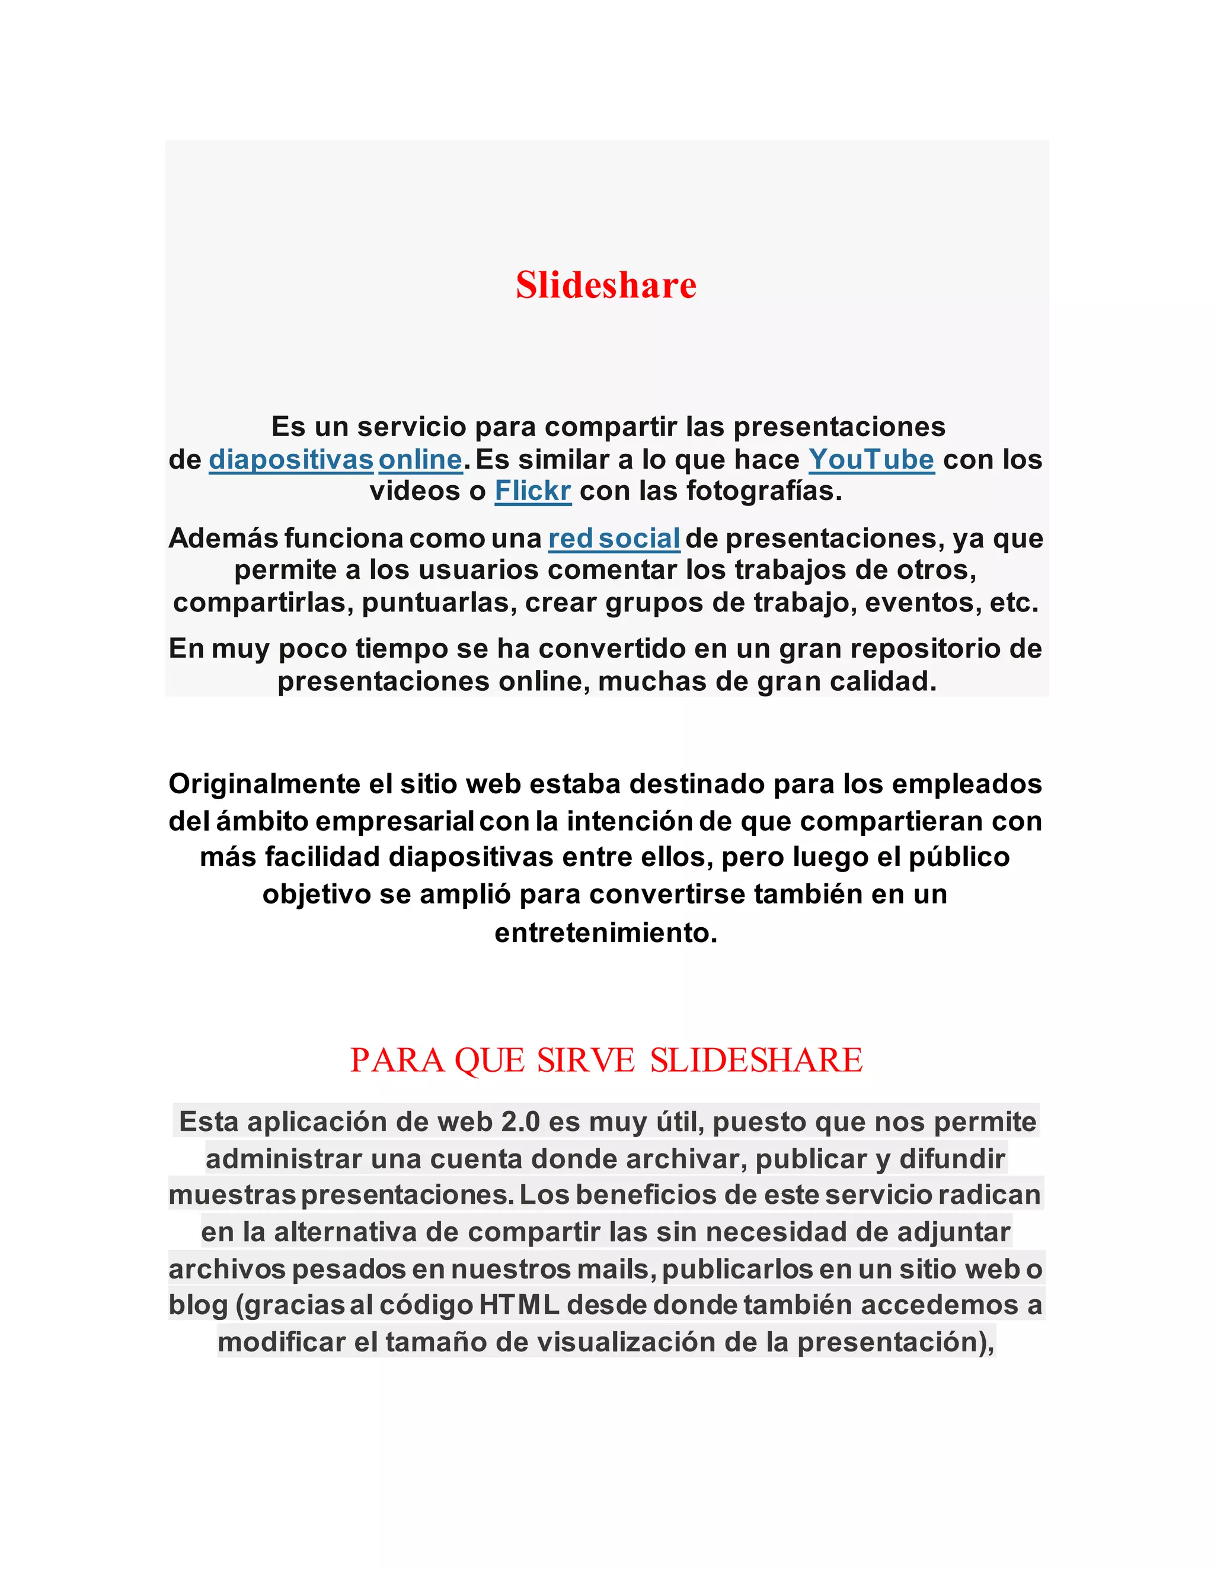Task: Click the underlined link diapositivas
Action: point(290,459)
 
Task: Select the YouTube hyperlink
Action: point(871,459)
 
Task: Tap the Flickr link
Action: point(532,491)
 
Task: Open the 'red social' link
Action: point(614,539)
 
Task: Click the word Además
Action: point(223,539)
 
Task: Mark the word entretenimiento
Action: point(606,933)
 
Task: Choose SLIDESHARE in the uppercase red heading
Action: point(756,1060)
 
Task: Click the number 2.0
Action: point(520,1122)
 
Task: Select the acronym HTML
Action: point(519,1305)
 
